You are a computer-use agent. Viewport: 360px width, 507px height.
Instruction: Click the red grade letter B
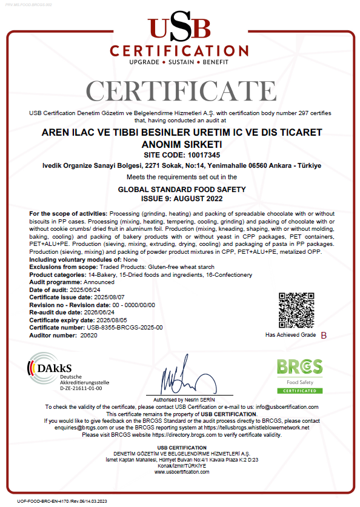coord(323,335)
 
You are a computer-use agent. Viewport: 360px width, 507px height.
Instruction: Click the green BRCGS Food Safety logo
coord(300,374)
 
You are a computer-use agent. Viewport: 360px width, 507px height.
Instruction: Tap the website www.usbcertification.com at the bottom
coord(180,472)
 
